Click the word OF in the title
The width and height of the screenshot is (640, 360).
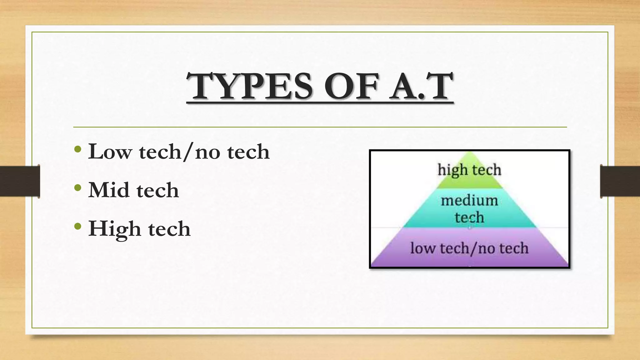351,86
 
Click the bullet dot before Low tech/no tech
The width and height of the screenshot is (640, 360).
78,150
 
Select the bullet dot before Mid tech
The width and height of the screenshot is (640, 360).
78,188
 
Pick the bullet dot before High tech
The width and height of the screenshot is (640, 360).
78,226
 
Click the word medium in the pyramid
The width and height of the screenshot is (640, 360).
469,201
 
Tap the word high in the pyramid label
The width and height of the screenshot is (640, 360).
450,170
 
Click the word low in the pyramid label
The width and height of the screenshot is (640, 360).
422,248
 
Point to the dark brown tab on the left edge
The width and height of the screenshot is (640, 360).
20,181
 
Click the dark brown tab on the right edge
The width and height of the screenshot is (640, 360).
620,181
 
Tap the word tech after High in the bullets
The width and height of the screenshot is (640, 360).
169,229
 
